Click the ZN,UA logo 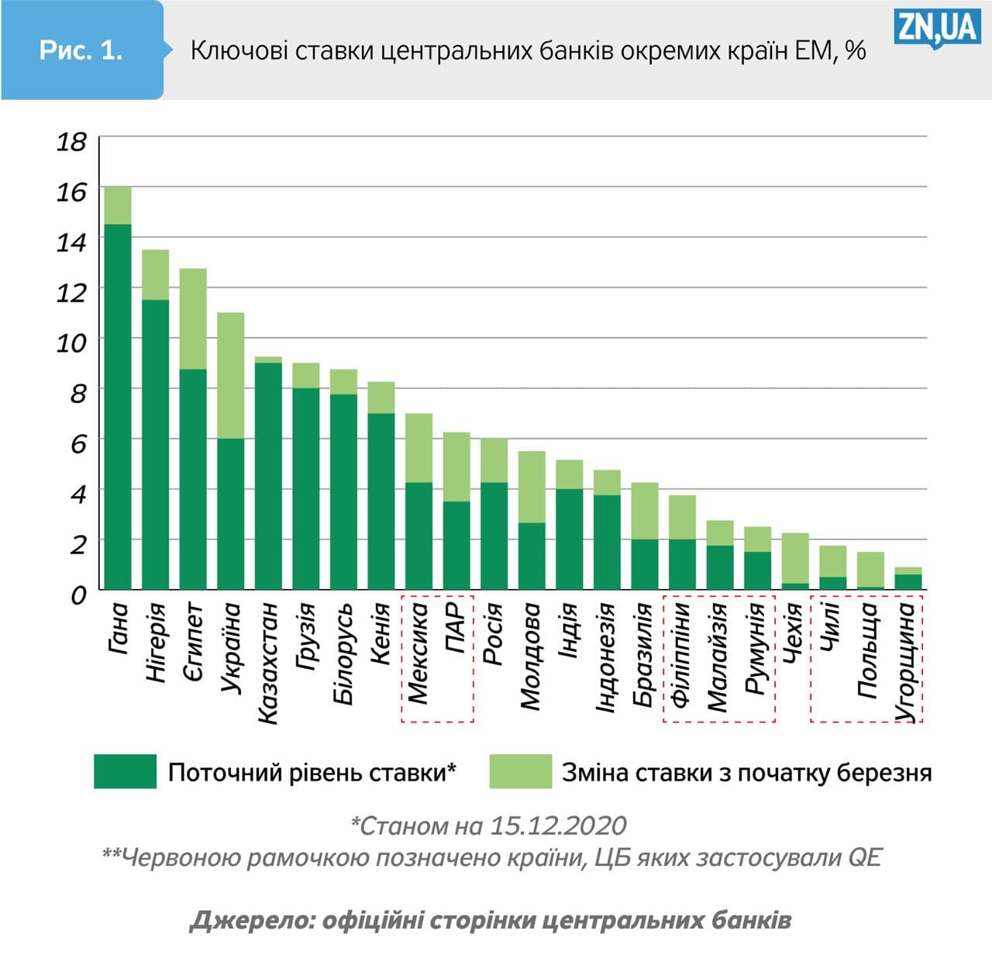936,29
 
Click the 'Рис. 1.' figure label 81,50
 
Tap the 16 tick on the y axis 71,191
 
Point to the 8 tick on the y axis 78,393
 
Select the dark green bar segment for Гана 118,407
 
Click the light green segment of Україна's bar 231,375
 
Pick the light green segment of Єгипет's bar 193,319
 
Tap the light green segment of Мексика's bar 418,448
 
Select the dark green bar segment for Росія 494,536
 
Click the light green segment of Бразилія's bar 645,511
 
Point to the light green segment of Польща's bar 870,569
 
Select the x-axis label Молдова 531,657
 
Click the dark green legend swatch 125,771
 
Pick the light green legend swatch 520,771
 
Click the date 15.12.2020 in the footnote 558,826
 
